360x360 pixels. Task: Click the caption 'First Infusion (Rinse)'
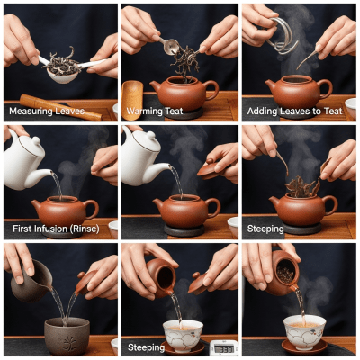pos(55,229)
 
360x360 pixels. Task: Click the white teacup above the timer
pos(183,334)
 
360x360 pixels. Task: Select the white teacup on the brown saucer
pos(304,331)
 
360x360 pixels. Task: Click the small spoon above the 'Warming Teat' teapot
pos(169,42)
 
